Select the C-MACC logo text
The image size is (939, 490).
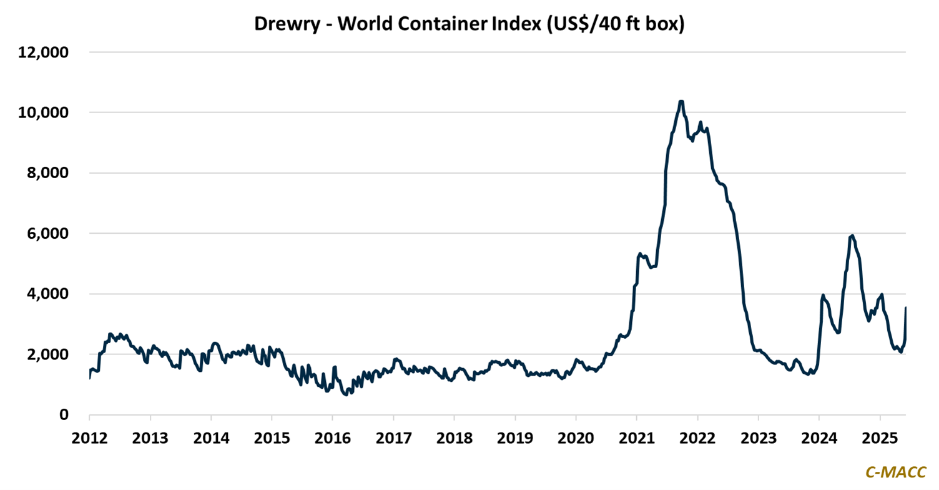[x=895, y=472]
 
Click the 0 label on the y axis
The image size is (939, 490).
[x=64, y=415]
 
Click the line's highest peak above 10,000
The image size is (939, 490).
[x=681, y=101]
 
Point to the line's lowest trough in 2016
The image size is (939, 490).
[x=347, y=395]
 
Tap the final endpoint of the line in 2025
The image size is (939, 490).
[x=906, y=307]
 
